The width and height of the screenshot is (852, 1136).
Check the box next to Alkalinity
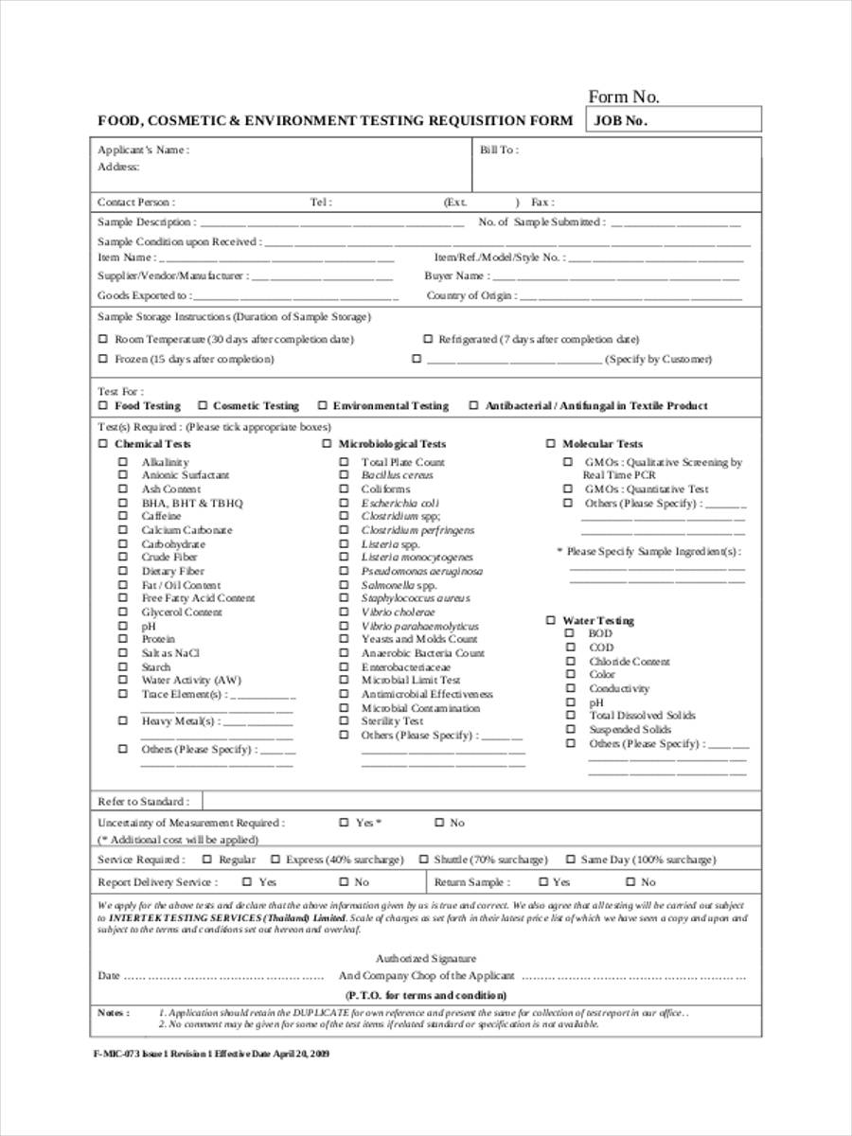click(x=122, y=462)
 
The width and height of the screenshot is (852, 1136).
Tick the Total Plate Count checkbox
click(x=344, y=462)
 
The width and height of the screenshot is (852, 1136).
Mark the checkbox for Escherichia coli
click(x=344, y=504)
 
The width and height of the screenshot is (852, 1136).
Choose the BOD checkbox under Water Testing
click(x=570, y=633)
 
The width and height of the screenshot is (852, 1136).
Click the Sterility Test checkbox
click(x=344, y=721)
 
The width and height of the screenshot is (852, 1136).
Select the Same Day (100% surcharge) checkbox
click(x=571, y=860)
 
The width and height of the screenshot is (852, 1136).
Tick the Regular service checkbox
click(x=207, y=860)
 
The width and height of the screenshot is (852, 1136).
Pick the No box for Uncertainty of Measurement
click(x=439, y=824)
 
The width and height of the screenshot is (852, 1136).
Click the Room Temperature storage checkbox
click(x=103, y=339)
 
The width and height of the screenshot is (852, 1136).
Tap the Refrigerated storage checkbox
click(x=428, y=339)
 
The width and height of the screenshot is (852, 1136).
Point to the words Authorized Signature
click(x=426, y=958)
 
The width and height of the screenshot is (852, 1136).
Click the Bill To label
click(x=498, y=150)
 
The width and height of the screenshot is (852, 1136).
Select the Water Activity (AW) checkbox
click(x=122, y=680)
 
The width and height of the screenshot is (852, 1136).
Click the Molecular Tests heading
click(x=602, y=444)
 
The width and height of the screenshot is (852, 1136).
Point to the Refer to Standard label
click(x=143, y=802)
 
